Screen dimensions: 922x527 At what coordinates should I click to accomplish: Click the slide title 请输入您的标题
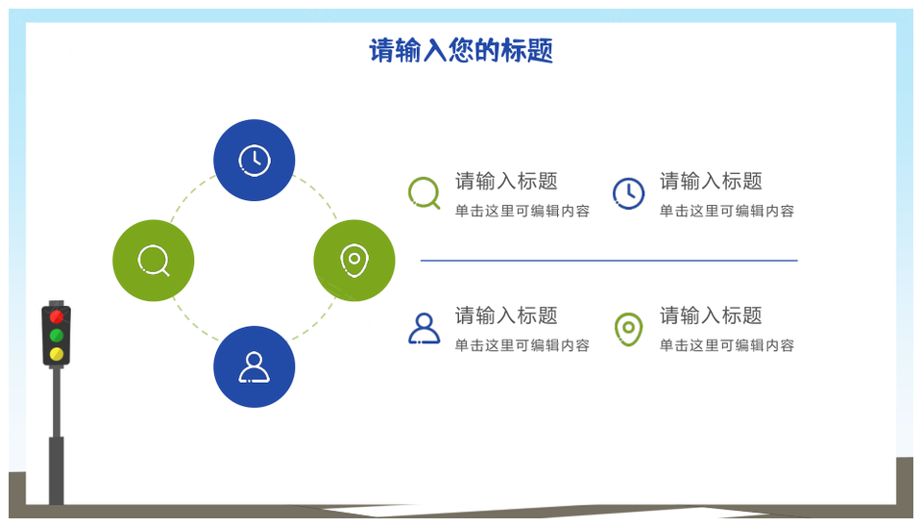461,50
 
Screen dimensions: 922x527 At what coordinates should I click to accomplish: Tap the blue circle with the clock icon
254,161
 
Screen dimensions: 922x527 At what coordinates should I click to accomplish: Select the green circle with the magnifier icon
154,261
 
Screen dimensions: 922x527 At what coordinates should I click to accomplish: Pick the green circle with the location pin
354,261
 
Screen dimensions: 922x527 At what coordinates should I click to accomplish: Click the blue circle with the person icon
254,366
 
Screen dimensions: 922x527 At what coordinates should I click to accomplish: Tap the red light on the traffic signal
57,317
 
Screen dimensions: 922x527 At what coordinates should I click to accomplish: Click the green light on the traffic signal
57,336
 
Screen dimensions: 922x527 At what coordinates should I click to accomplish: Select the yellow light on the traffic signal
57,354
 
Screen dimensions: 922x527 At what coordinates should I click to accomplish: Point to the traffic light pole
57,436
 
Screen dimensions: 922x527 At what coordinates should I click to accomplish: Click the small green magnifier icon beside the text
425,193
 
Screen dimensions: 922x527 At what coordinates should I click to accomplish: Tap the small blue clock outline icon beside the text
628,193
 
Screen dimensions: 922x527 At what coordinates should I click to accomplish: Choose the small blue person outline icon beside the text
425,329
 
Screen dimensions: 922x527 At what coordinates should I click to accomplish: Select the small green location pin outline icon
628,329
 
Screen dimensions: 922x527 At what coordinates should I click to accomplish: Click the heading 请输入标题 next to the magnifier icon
506,182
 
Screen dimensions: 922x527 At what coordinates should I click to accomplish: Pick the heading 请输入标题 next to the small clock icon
711,182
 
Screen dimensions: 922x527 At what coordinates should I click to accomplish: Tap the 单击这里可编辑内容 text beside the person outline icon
522,345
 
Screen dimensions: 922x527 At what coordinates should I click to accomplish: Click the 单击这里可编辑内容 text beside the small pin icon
727,345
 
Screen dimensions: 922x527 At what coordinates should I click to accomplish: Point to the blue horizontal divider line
609,261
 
